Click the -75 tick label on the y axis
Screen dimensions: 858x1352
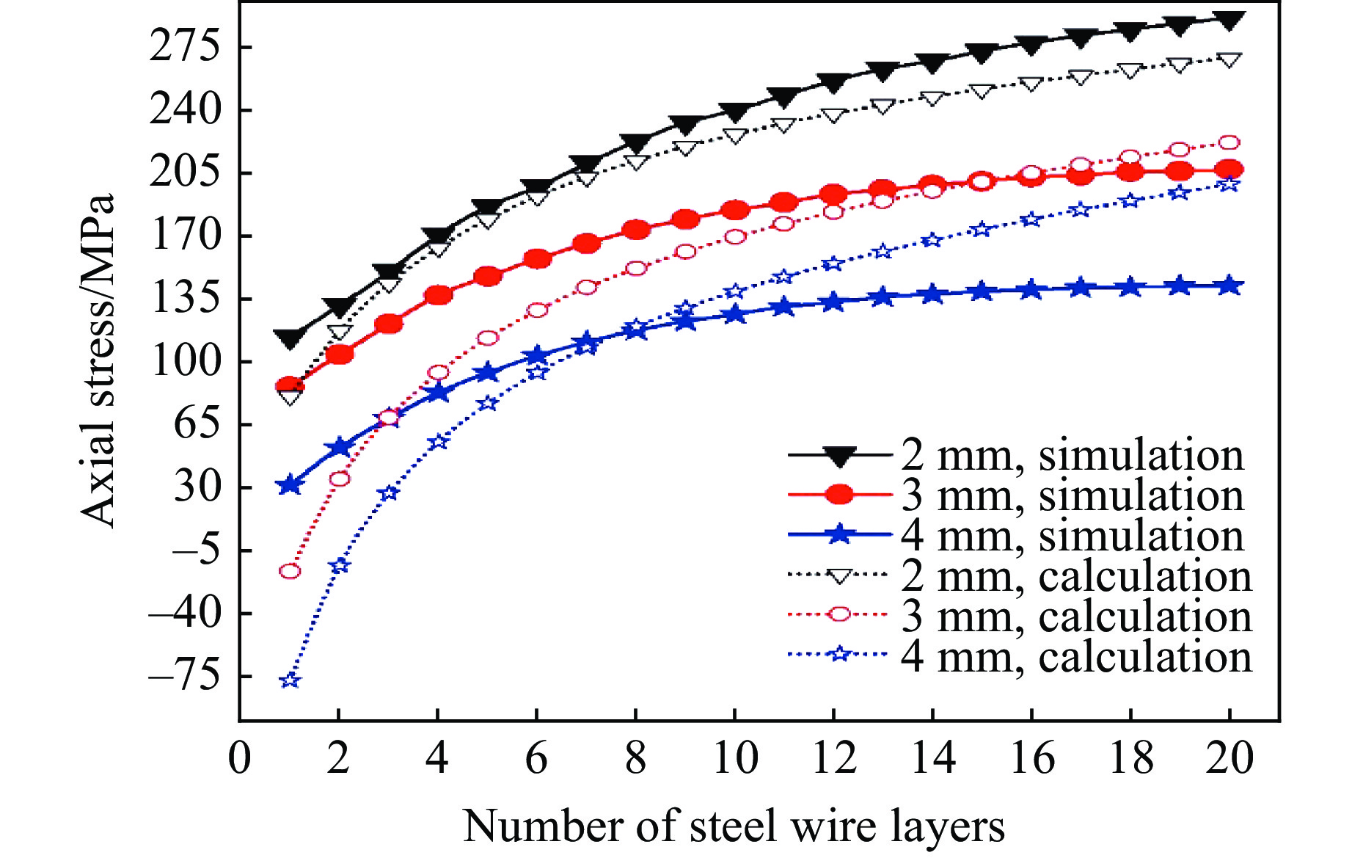pyautogui.click(x=184, y=677)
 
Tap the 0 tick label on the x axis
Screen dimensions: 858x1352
pyautogui.click(x=239, y=758)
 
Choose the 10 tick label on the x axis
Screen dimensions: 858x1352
pyautogui.click(x=734, y=758)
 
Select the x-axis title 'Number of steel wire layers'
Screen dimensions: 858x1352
pyautogui.click(x=734, y=826)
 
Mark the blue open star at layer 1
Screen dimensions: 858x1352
pyautogui.click(x=291, y=680)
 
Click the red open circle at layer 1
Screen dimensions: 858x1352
pyautogui.click(x=291, y=571)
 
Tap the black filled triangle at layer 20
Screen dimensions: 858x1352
pyautogui.click(x=1229, y=20)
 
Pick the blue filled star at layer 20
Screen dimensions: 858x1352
pyautogui.click(x=1229, y=286)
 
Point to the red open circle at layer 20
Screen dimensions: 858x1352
pyautogui.click(x=1229, y=142)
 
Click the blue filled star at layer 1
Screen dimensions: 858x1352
pyautogui.click(x=291, y=485)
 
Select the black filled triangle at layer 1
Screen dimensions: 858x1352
pyautogui.click(x=291, y=338)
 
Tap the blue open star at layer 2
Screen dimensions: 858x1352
pyautogui.click(x=339, y=566)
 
